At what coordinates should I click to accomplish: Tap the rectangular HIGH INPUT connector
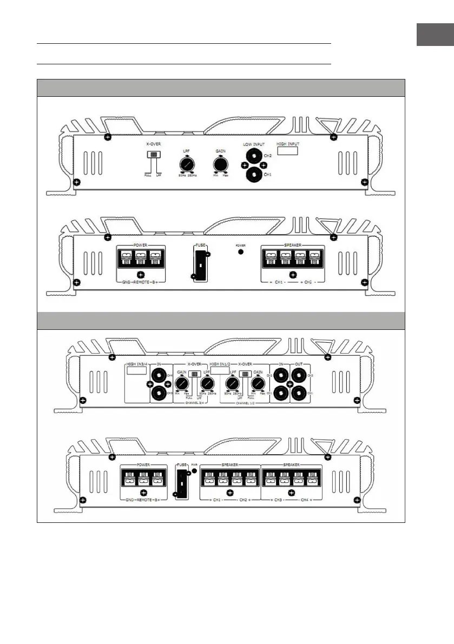pyautogui.click(x=288, y=151)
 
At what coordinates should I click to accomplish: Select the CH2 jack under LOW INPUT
pyautogui.click(x=252, y=157)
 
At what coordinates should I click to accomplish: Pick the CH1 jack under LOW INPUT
pyautogui.click(x=252, y=175)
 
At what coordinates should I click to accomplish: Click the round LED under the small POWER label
pyautogui.click(x=241, y=251)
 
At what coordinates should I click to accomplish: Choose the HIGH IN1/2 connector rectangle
pyautogui.click(x=220, y=371)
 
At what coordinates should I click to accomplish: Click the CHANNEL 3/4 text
pyautogui.click(x=194, y=403)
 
